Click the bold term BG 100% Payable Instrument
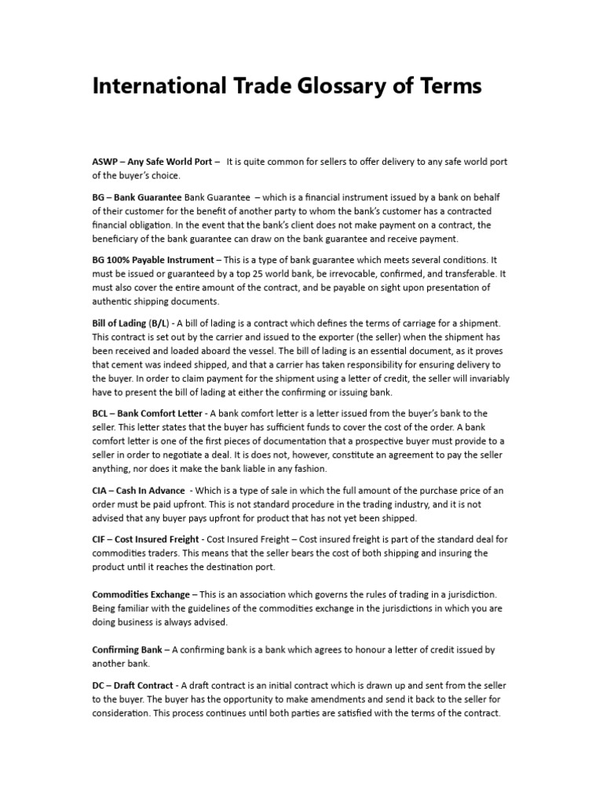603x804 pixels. coord(152,260)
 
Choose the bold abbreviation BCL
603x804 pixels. coord(102,414)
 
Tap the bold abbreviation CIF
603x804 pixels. coord(100,539)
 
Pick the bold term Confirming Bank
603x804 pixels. coord(127,650)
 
